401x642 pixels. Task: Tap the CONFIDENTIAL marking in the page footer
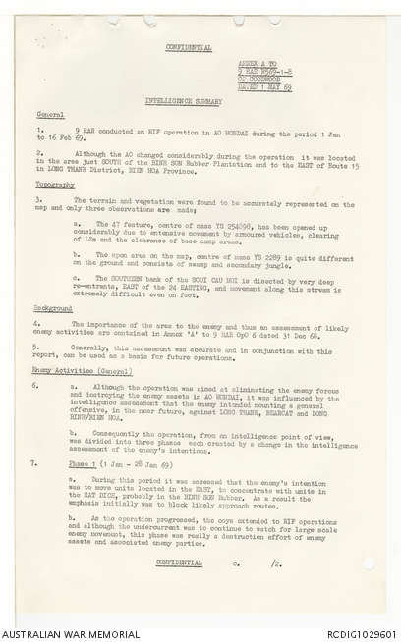(x=184, y=562)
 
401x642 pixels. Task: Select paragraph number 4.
(x=35, y=323)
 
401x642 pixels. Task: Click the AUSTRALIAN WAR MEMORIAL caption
(x=62, y=630)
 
